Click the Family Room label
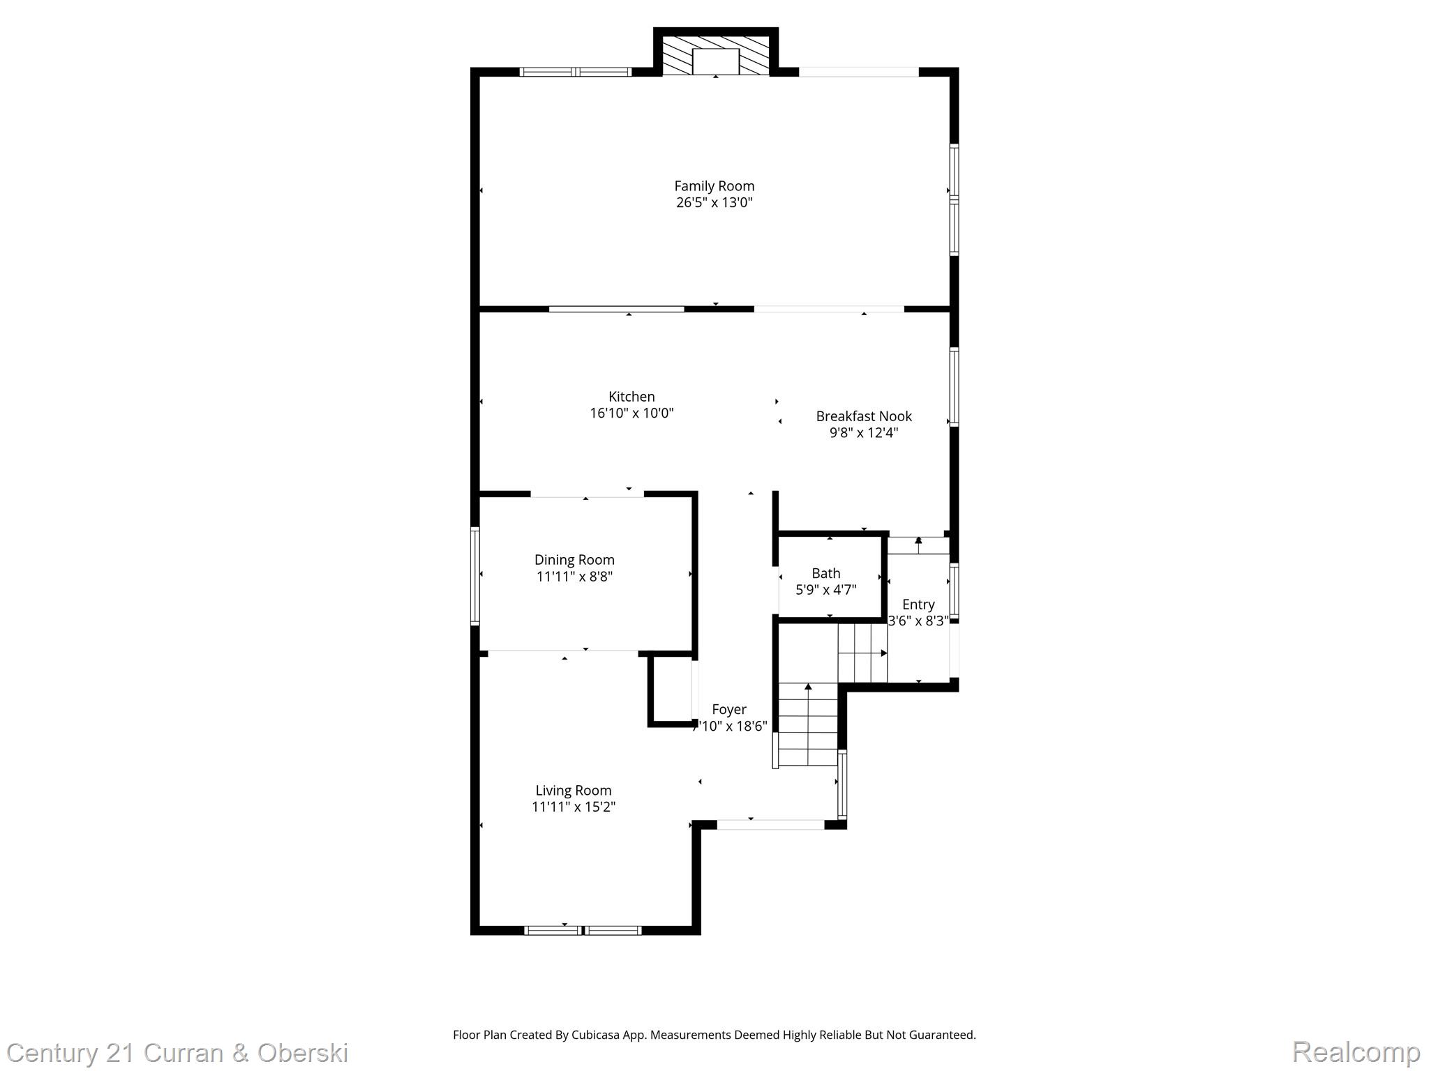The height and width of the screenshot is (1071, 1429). pos(714,186)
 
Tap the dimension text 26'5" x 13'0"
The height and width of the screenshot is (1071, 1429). pos(714,203)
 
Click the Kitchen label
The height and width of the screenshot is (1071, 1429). pos(631,397)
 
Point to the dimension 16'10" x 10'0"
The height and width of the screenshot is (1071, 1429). pos(631,413)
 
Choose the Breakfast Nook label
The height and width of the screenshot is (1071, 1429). pos(864,416)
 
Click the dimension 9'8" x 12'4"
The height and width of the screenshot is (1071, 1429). pos(864,433)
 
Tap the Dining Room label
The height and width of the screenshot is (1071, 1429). pos(574,560)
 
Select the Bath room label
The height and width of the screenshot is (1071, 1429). pos(826,573)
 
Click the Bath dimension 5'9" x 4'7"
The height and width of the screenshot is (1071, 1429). pos(826,590)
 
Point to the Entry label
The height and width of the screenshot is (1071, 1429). pos(918,605)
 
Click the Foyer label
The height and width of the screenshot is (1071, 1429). pos(729,710)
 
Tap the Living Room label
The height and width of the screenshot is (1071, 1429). pos(574,791)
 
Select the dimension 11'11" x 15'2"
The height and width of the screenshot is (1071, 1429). pos(574,807)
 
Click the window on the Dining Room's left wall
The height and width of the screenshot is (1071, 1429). pos(475,576)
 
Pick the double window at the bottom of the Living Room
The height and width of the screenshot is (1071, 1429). pos(583,929)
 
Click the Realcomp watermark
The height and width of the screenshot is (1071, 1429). pos(1356,1051)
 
